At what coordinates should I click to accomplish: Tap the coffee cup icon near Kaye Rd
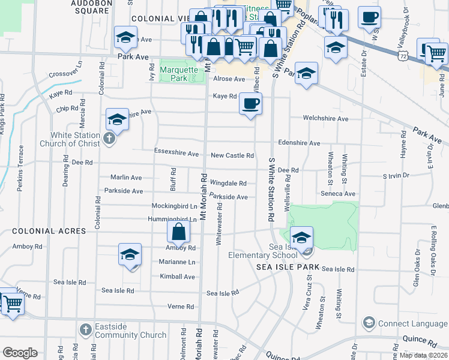click(250, 103)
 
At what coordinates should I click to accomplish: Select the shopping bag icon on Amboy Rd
click(179, 232)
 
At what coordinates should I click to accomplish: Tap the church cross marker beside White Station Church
click(109, 139)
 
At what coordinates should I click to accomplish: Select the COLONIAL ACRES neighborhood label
click(41, 230)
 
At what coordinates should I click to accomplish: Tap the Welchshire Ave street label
click(326, 119)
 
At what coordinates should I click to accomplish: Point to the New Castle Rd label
click(232, 155)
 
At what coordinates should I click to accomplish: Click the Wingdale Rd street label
click(228, 183)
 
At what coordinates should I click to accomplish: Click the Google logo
click(20, 352)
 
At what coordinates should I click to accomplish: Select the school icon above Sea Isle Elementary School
click(301, 236)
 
